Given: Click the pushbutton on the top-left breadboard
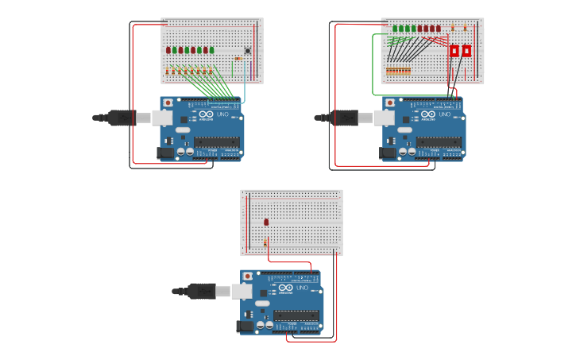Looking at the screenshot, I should [x=247, y=52].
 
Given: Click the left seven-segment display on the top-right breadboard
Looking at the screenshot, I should [x=454, y=51].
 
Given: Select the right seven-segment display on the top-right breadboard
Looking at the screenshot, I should [x=466, y=51].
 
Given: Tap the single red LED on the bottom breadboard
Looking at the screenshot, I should [x=266, y=223].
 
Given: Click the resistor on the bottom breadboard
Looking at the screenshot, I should [x=265, y=242].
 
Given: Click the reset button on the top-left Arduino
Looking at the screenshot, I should [x=168, y=103].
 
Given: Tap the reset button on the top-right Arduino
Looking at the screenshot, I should [x=389, y=103].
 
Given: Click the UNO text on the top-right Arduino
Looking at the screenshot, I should [x=444, y=114].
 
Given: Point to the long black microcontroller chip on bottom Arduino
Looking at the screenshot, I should [x=296, y=315].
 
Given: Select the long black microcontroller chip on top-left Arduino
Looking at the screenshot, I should [x=216, y=142].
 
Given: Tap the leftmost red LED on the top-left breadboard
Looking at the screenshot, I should [x=168, y=50].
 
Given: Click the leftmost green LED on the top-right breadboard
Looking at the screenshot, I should [x=395, y=29].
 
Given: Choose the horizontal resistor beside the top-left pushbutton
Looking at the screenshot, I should [x=238, y=59].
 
